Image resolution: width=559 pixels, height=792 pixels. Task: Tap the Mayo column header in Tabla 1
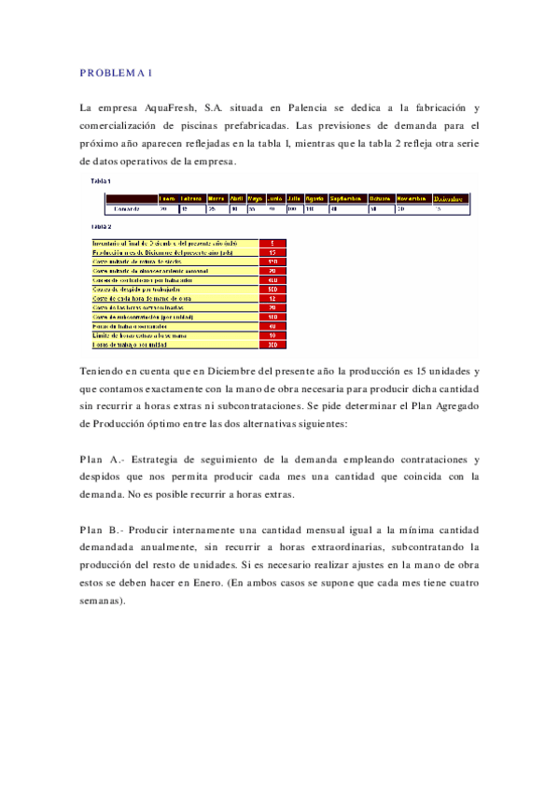[255, 198]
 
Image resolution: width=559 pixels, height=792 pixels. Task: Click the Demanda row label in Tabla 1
[127, 208]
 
